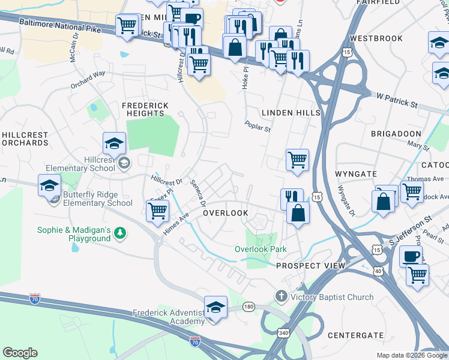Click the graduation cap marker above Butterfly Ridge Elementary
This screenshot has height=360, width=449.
click(50, 185)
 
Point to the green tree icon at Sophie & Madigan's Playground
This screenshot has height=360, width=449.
click(120, 233)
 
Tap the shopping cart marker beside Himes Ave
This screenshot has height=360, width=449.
click(157, 211)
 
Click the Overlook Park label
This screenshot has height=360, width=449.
click(261, 249)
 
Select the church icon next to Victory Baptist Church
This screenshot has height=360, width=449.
click(282, 296)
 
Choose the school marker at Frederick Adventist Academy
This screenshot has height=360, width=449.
click(215, 308)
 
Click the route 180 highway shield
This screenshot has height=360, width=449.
click(249, 308)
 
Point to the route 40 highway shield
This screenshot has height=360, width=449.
click(379, 271)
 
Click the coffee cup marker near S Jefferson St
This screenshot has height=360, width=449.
click(411, 256)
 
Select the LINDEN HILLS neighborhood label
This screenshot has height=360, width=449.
click(291, 113)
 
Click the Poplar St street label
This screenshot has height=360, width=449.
click(258, 127)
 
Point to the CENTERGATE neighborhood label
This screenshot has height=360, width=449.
click(355, 335)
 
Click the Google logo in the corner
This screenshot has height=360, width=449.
click(20, 352)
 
